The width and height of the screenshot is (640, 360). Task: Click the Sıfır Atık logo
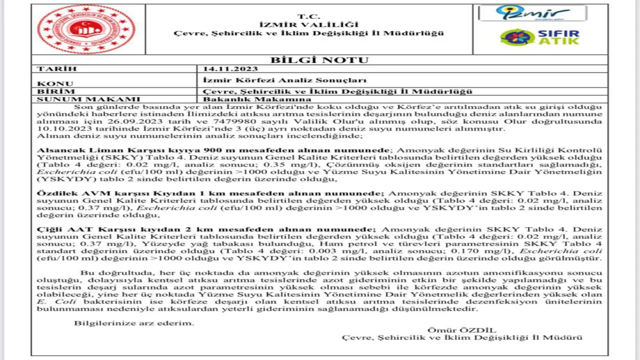tap(539, 37)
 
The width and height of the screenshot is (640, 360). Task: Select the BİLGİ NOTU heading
tap(319, 60)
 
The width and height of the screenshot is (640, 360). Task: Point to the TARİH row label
tap(57, 69)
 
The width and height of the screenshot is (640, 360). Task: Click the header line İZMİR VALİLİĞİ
tap(316, 25)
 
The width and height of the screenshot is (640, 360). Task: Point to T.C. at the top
tap(317, 16)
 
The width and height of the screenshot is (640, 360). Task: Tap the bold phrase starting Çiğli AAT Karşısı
tap(203, 228)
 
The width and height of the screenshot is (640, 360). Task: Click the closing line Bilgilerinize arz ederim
tap(134, 323)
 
